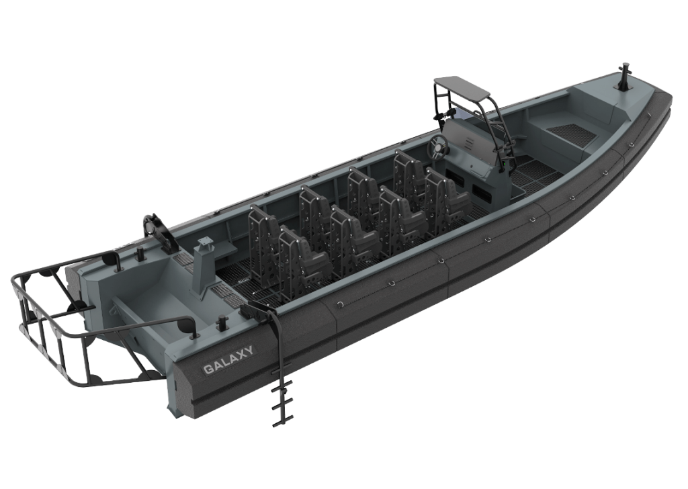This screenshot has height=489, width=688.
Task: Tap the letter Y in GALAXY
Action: [x=249, y=351]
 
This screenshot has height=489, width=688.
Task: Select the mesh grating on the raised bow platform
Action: [x=569, y=132]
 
